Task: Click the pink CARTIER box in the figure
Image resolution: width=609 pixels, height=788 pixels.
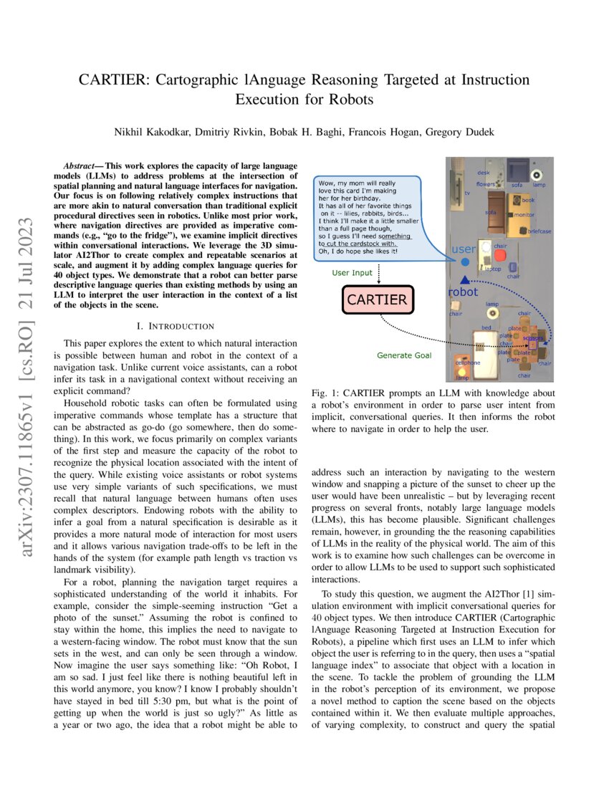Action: tap(377, 300)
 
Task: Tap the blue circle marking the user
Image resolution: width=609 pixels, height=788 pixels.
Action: tap(465, 264)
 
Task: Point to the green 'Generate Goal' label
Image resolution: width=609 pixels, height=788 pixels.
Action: tap(405, 355)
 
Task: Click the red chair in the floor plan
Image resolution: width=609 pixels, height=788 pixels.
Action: tap(500, 255)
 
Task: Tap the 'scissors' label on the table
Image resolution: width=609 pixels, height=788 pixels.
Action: tap(533, 337)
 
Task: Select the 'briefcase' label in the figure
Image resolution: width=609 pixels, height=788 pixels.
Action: tap(539, 231)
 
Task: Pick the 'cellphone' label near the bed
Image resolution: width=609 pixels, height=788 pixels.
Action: tap(467, 362)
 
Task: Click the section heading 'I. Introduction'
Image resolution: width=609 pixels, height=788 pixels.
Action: tap(180, 326)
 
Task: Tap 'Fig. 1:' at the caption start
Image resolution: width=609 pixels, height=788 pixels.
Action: tap(327, 394)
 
